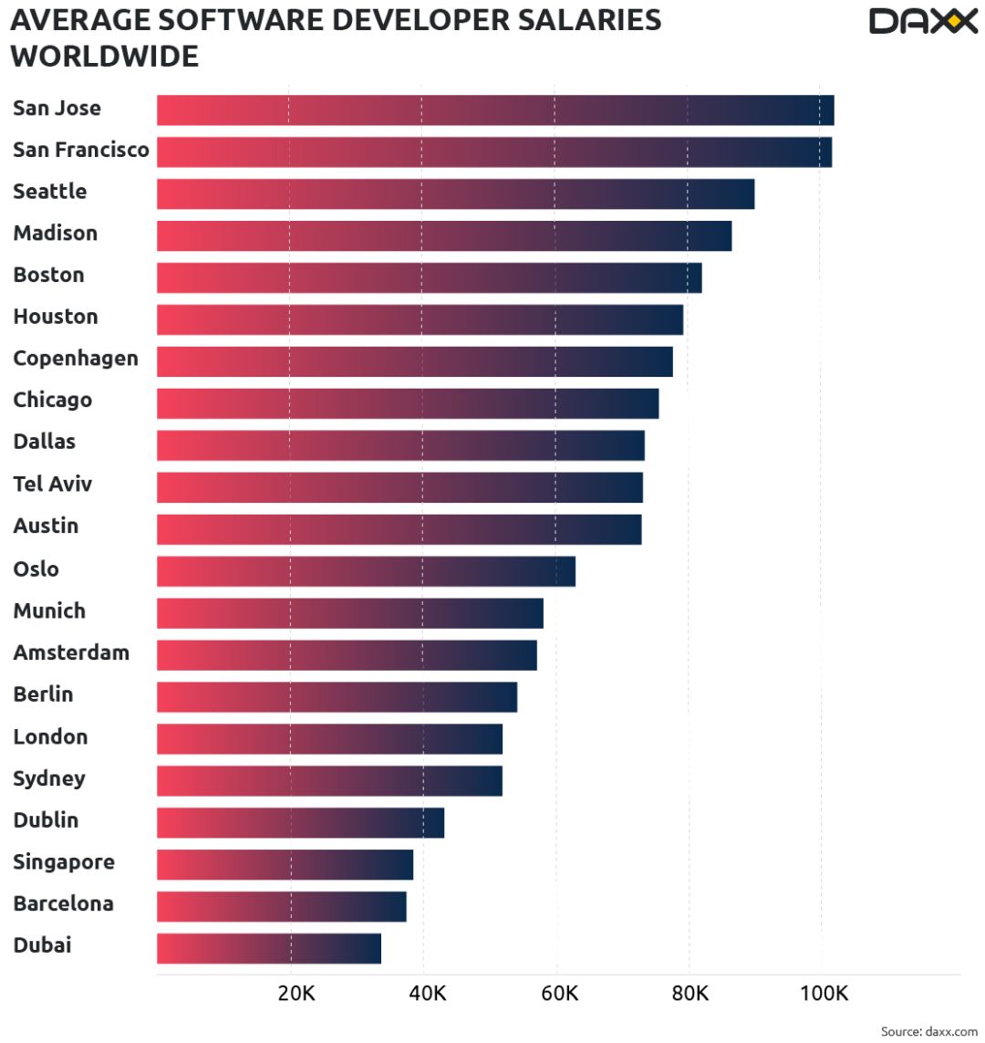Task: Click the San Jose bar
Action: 495,110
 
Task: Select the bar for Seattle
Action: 455,193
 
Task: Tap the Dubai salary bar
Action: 269,948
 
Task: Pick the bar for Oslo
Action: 366,571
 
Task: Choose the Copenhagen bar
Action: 415,361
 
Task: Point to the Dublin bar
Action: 300,822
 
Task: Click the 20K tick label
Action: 296,993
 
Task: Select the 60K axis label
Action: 559,993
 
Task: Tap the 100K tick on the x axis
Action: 824,993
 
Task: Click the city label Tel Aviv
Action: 52,484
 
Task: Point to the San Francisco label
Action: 81,150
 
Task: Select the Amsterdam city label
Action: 71,652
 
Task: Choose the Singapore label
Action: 64,861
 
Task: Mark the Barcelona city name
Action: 64,903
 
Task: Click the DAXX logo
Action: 923,21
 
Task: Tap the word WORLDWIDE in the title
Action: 104,57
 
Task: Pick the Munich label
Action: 49,610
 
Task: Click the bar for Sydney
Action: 329,781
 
